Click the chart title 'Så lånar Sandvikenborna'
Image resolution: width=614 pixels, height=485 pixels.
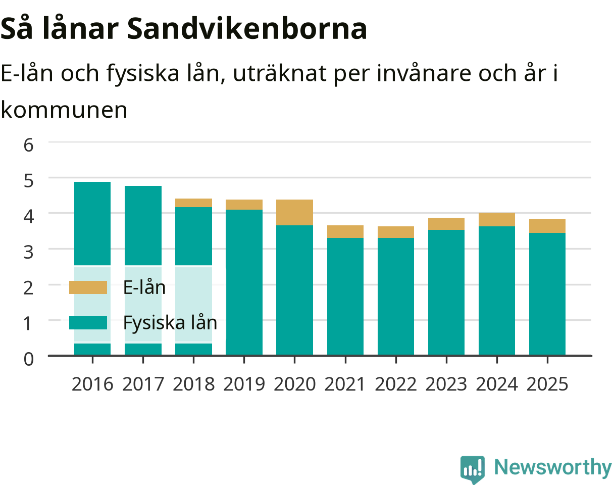tap(183, 29)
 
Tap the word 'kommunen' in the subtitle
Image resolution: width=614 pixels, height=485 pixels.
tap(64, 110)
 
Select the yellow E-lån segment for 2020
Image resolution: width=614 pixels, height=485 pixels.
tap(294, 212)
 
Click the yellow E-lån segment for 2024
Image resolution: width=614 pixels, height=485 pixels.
tap(497, 220)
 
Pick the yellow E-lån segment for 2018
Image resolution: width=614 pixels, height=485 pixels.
tap(193, 203)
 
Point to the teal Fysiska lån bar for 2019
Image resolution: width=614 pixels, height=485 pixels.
tap(244, 282)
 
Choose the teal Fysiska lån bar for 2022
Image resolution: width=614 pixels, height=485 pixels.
tap(396, 297)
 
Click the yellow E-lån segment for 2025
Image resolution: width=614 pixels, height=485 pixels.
tap(547, 226)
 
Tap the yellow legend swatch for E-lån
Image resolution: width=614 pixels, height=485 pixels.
tap(88, 287)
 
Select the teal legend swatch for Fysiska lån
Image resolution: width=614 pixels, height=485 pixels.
tap(88, 322)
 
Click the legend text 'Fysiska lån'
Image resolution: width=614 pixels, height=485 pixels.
tap(170, 322)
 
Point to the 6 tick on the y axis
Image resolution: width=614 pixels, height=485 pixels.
tap(29, 145)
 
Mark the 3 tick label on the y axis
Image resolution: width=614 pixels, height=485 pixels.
tap(29, 252)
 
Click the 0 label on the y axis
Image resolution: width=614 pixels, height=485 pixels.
tap(29, 359)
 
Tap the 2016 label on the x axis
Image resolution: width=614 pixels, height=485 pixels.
tap(92, 384)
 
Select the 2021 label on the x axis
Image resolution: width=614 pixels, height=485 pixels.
tap(345, 384)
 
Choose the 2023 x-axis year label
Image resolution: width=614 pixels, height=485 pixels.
tap(446, 384)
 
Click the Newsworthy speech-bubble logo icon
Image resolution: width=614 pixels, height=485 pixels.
tap(472, 469)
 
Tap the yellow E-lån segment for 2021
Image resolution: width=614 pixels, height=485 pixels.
tap(345, 231)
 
